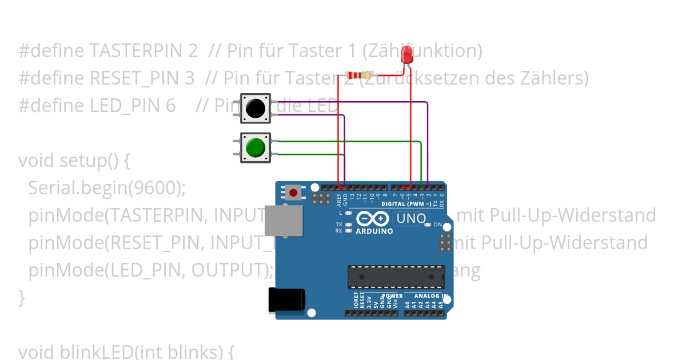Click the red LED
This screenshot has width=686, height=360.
click(408, 54)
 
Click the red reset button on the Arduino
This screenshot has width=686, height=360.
click(293, 192)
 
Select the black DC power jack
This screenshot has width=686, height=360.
click(286, 300)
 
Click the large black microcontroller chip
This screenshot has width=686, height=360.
click(396, 276)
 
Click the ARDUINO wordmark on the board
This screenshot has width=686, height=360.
click(374, 231)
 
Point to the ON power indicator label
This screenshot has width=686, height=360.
click(437, 225)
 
